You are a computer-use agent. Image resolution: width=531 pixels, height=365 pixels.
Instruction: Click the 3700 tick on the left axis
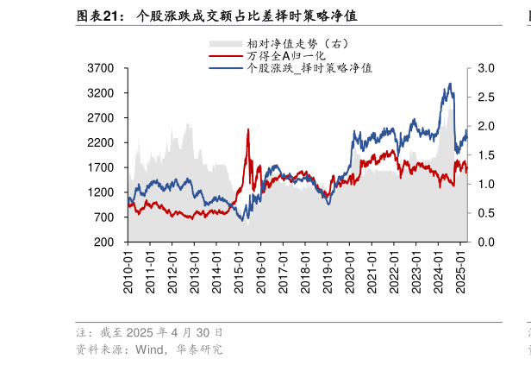(x=103, y=68)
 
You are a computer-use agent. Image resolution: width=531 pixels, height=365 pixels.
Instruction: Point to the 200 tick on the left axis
(x=108, y=242)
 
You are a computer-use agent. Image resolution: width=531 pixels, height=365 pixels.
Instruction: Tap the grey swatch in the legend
(x=224, y=43)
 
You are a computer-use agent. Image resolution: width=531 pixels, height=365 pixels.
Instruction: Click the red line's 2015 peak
(x=248, y=129)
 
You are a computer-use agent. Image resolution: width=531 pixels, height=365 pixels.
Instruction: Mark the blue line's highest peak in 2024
(x=450, y=84)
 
